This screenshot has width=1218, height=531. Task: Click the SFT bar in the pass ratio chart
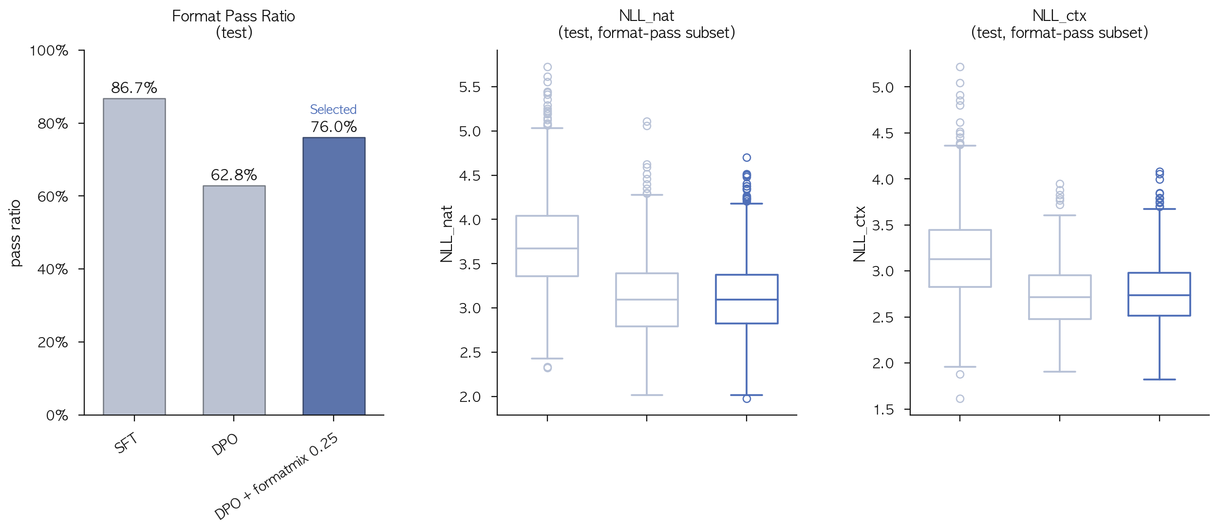(x=134, y=257)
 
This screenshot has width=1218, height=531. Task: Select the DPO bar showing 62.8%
(x=234, y=300)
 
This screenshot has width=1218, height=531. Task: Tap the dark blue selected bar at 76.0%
(x=334, y=276)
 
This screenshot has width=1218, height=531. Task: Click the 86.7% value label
(x=134, y=88)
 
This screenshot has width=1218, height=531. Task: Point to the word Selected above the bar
(x=334, y=109)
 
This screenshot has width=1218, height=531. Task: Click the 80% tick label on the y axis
(x=53, y=124)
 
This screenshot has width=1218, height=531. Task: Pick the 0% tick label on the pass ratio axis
(x=57, y=416)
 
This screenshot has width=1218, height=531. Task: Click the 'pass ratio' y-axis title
(x=16, y=233)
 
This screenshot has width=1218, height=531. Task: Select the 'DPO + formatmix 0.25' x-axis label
(x=276, y=476)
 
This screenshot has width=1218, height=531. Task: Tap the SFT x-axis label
(x=126, y=443)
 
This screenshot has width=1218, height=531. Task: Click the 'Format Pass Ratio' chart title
(x=233, y=16)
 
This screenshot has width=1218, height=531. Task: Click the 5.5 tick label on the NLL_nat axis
(x=469, y=87)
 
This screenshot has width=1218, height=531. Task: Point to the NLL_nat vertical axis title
(x=447, y=234)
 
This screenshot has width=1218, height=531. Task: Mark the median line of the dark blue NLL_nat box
(x=747, y=300)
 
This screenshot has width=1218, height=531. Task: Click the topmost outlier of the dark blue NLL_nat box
(x=747, y=157)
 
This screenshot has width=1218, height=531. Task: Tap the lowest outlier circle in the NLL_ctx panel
(x=960, y=398)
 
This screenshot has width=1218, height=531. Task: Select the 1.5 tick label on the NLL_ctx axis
(x=883, y=410)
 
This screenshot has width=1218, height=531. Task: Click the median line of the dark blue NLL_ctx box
(x=1159, y=295)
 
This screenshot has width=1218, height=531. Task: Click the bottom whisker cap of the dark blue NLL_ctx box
(x=1159, y=379)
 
